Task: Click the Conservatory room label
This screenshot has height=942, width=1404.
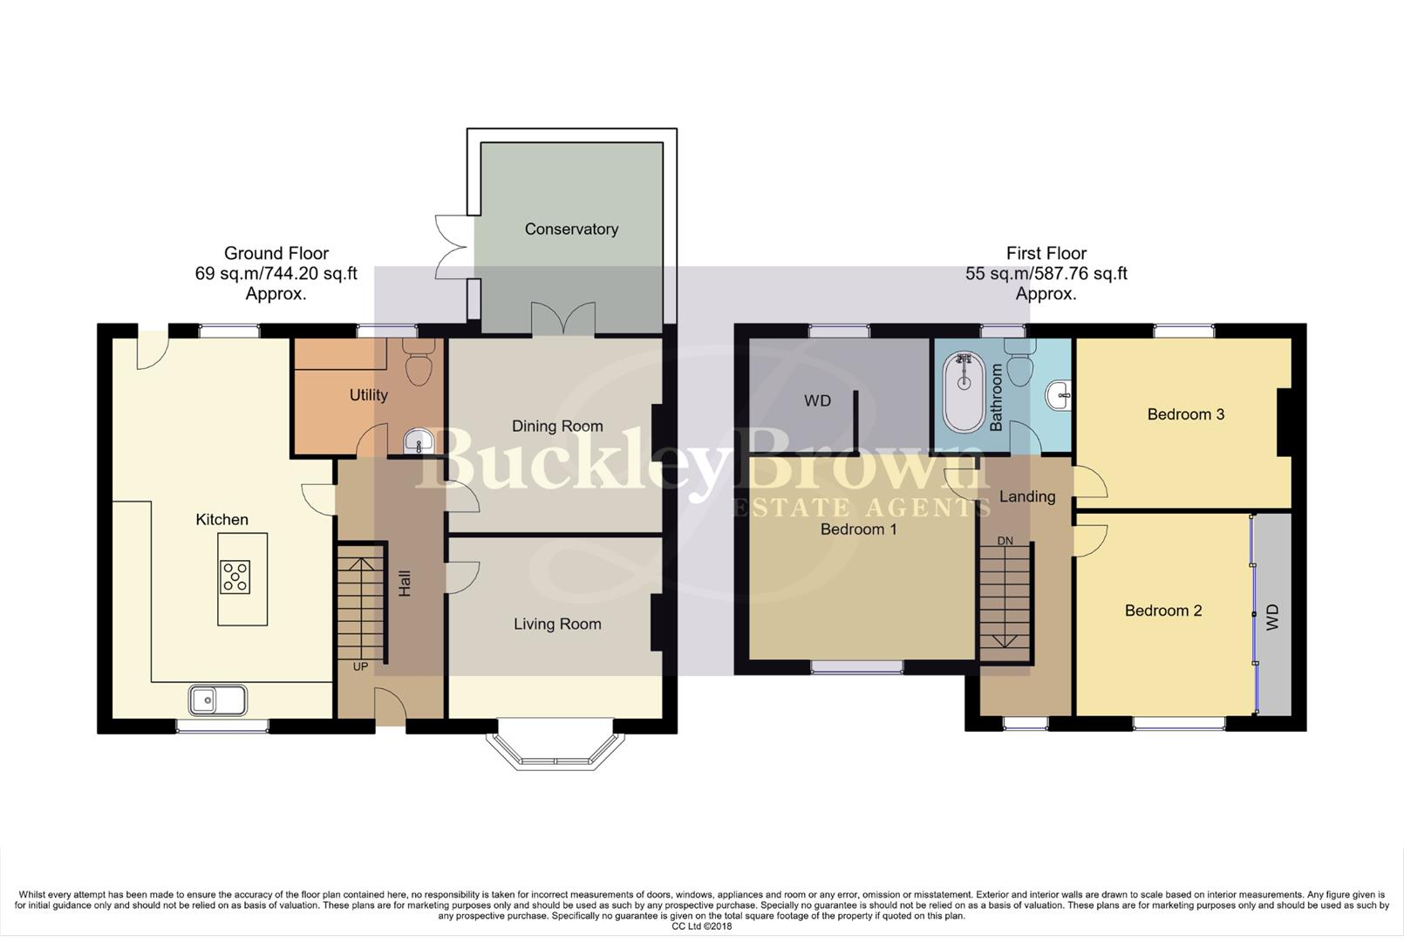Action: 571,229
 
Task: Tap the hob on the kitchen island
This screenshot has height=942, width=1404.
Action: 235,577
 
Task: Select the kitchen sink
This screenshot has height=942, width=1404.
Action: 217,700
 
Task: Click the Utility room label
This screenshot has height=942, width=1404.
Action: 369,395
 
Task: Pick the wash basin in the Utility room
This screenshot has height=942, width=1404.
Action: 418,441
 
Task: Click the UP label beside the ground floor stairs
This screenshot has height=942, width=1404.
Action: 360,666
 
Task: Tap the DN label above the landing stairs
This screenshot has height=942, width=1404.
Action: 1005,540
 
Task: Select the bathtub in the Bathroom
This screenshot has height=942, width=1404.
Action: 964,392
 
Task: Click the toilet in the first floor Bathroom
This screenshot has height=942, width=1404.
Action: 1019,362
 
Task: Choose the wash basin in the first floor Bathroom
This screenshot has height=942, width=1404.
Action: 1058,395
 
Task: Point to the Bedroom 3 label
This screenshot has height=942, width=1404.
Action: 1185,414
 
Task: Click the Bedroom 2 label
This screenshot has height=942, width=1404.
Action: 1163,611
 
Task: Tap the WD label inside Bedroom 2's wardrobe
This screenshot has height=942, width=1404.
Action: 1271,618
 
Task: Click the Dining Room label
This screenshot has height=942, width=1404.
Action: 557,427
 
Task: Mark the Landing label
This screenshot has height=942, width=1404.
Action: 1027,497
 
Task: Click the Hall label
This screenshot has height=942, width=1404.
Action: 405,583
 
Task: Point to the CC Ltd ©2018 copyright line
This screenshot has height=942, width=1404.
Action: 702,926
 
